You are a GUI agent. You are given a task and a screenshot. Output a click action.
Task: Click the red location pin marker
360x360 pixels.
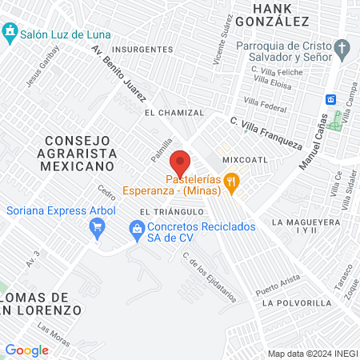click(181, 162)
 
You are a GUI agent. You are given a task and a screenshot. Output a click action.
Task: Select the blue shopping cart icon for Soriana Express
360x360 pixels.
click(97, 227)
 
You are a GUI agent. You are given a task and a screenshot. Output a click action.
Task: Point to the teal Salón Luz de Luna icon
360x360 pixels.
click(10, 34)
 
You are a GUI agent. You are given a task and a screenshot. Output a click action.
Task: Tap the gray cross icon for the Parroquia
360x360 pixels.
click(342, 49)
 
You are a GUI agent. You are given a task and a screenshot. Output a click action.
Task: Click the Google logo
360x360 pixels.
click(27, 350)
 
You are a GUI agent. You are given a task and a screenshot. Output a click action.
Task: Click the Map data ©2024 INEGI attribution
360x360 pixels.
click(311, 354)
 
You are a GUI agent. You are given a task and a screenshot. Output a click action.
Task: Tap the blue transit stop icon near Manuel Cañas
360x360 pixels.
click(330, 99)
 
